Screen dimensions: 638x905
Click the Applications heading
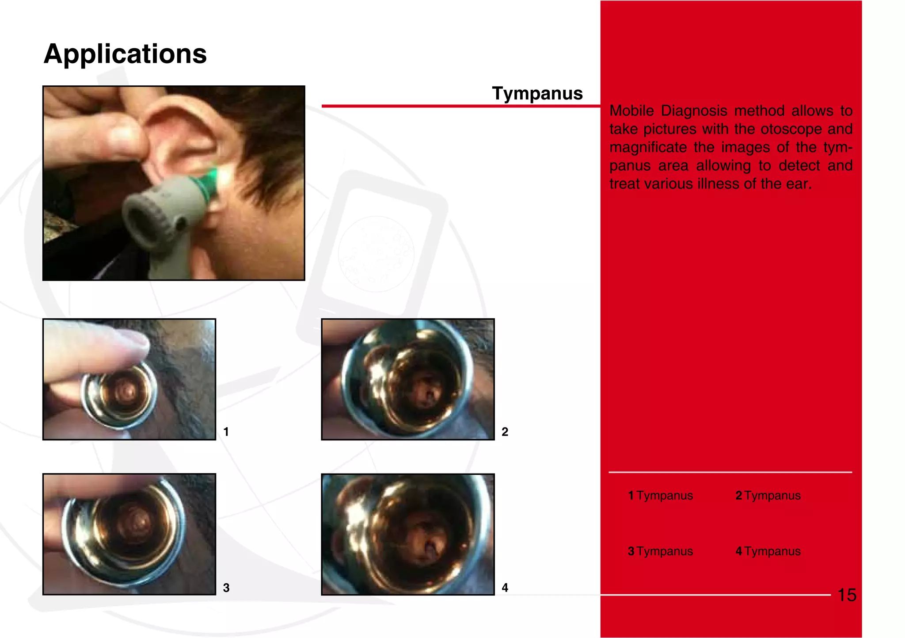pyautogui.click(x=125, y=54)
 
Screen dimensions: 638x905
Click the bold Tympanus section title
pyautogui.click(x=537, y=93)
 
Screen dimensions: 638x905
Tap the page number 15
pyautogui.click(x=847, y=595)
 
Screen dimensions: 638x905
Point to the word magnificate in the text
pyautogui.click(x=647, y=147)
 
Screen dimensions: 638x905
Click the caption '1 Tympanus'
pyautogui.click(x=660, y=496)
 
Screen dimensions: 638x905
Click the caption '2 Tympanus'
pyautogui.click(x=768, y=496)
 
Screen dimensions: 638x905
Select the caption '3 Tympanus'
pyautogui.click(x=660, y=551)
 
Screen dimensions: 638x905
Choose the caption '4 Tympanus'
pyautogui.click(x=768, y=551)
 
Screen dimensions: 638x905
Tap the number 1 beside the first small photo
pyautogui.click(x=226, y=432)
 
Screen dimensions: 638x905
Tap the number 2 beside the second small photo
pyautogui.click(x=505, y=432)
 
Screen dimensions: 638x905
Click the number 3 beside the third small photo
pyautogui.click(x=226, y=588)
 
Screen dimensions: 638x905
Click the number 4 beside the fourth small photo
pyautogui.click(x=505, y=588)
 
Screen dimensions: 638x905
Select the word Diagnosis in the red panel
pyautogui.click(x=694, y=111)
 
